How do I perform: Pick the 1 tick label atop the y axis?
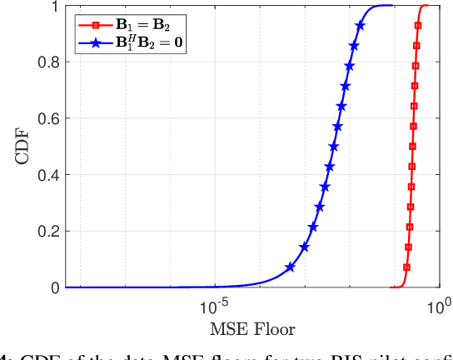54,6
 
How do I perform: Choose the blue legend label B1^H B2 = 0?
150,38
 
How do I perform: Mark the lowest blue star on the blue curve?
290,267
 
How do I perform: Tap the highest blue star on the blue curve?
360,26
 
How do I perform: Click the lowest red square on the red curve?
406,267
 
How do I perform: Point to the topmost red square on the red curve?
416,26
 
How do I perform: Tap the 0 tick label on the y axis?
54,287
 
